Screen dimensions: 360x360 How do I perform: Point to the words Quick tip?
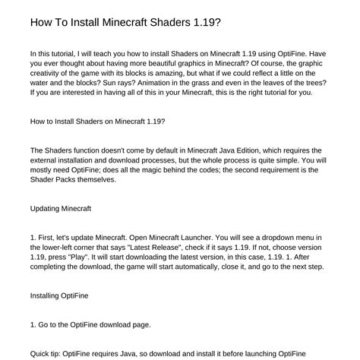[47, 353]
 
